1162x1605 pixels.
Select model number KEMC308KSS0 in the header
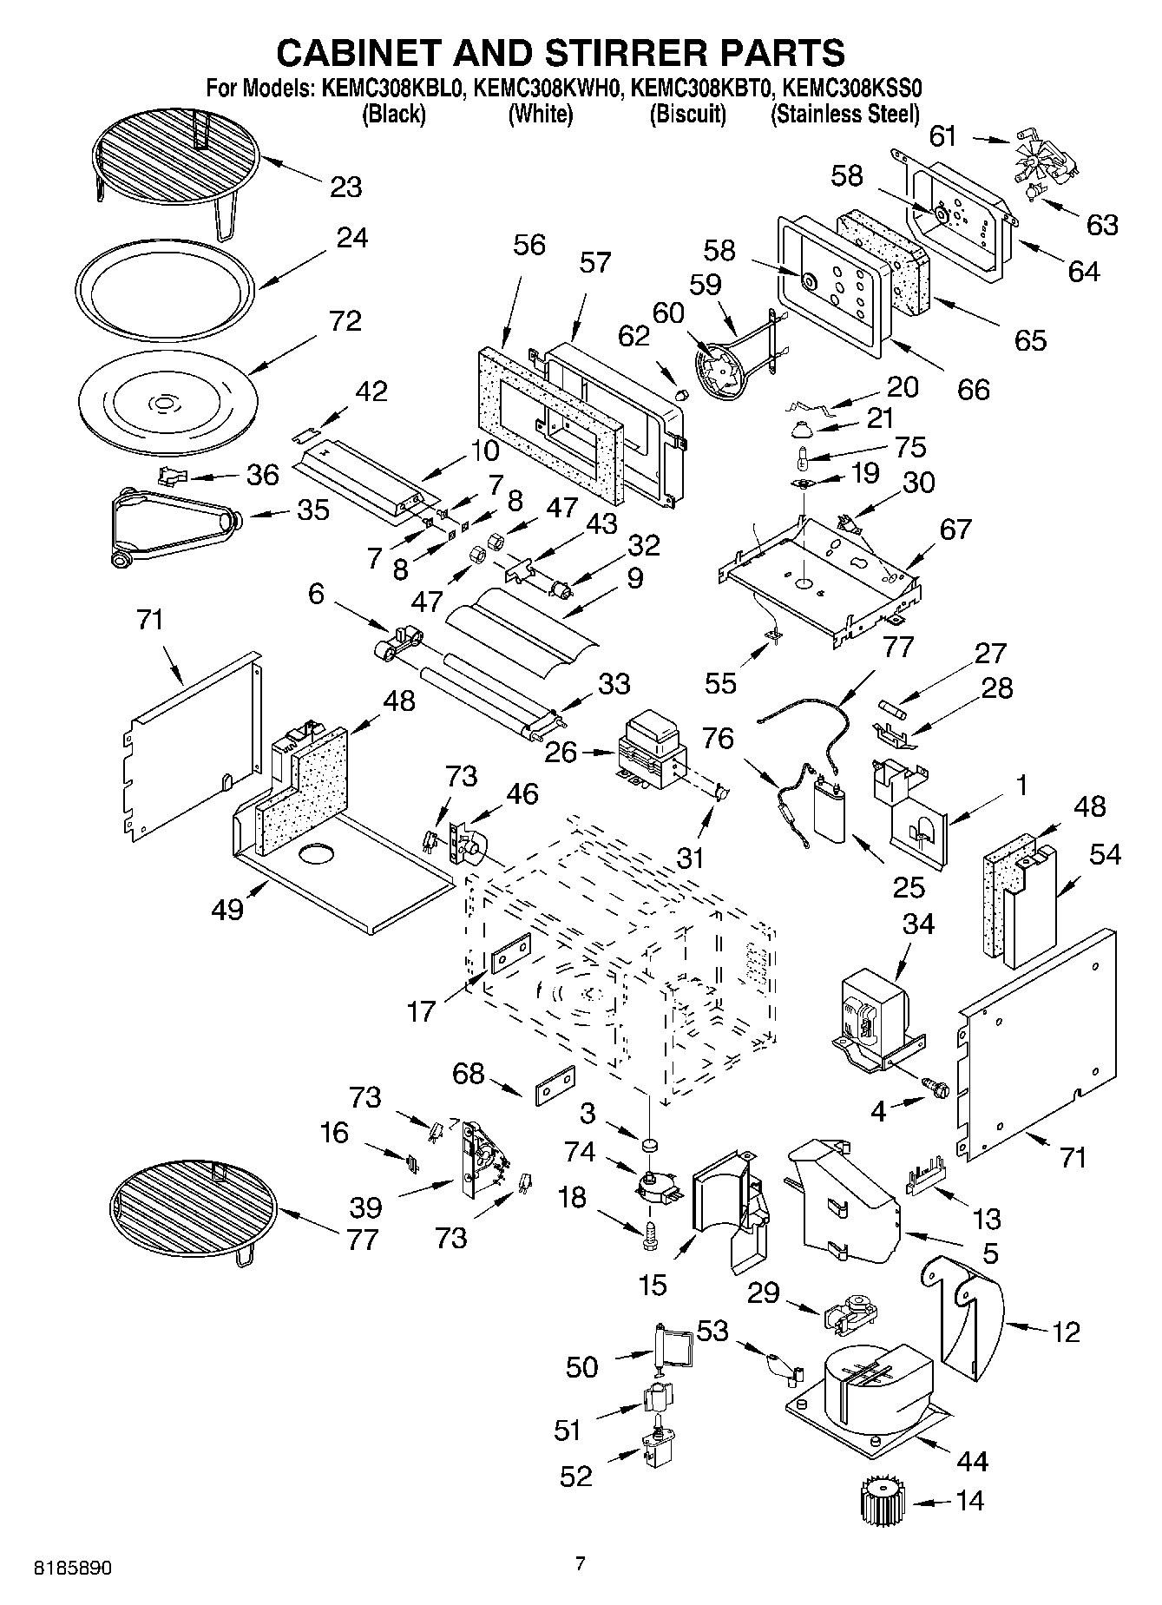[845, 88]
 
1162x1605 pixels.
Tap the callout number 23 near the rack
[345, 187]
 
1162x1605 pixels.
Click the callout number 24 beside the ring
[352, 237]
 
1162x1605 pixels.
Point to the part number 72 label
[345, 321]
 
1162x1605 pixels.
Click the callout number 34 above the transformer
[919, 924]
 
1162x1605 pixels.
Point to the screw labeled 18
[650, 1234]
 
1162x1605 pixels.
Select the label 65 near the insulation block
[1029, 340]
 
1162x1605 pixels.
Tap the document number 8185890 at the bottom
[72, 1569]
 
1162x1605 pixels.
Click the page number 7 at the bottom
[581, 1564]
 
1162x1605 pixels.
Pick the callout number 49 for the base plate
[227, 910]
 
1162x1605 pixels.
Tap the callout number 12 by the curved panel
[1066, 1331]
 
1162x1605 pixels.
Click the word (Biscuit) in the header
[687, 115]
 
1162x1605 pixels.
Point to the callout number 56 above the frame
[528, 245]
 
